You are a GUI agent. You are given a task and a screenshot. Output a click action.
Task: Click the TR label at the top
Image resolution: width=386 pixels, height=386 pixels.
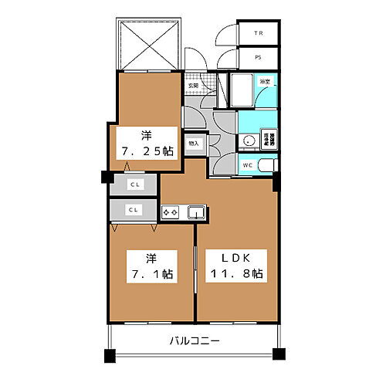(259, 34)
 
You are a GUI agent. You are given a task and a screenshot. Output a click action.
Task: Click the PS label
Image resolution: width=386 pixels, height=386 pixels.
(259, 56)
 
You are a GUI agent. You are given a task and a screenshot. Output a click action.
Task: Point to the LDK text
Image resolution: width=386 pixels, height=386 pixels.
(237, 258)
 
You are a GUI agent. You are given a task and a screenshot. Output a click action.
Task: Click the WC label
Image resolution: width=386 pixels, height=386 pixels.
(247, 165)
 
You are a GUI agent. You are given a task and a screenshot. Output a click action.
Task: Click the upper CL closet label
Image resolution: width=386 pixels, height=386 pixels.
(134, 185)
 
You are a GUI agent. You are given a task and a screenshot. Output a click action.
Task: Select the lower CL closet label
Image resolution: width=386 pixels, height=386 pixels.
(134, 209)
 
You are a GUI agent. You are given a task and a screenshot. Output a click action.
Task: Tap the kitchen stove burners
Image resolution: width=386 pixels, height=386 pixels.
(171, 211)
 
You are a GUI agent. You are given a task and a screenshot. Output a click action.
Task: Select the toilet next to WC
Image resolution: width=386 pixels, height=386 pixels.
(266, 165)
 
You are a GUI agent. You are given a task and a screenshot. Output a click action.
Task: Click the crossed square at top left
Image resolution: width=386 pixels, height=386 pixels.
(148, 43)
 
